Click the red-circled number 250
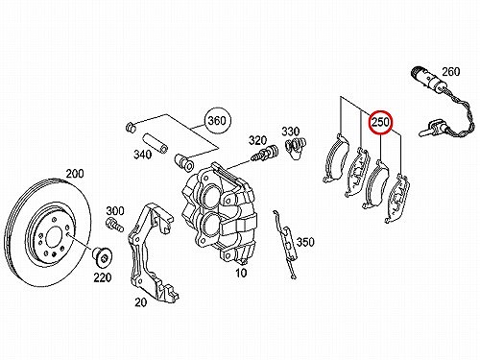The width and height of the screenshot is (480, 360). click(380, 122)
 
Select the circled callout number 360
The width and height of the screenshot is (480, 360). click(217, 121)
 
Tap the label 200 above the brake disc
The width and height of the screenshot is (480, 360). click(75, 174)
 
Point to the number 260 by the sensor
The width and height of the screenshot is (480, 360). click(451, 72)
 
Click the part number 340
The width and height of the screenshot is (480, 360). click(142, 155)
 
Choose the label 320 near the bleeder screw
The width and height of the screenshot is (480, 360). click(257, 140)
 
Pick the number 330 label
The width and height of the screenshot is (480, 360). click(291, 132)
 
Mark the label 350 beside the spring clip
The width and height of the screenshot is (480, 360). click(305, 242)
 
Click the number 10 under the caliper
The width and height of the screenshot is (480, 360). click(241, 273)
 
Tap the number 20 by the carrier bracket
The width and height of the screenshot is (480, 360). click(141, 302)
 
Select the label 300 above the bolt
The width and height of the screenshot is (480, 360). click(115, 211)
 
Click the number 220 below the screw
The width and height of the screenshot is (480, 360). click(103, 277)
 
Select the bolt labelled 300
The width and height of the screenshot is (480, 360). click(114, 225)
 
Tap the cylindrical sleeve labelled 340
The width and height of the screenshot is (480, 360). click(155, 144)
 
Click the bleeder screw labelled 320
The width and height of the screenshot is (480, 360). click(264, 154)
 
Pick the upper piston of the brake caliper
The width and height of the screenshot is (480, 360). click(209, 195)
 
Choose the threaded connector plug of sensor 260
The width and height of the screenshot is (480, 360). click(424, 76)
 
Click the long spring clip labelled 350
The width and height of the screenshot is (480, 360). click(285, 244)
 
